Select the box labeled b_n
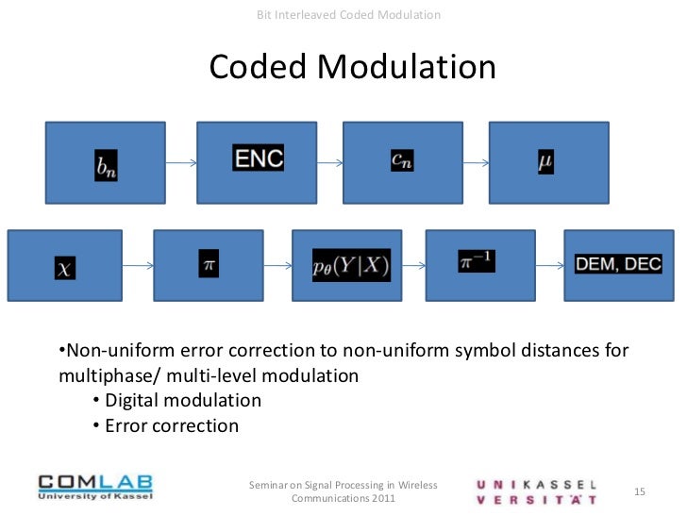click(x=105, y=162)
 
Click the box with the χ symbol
click(x=65, y=267)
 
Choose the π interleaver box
click(x=209, y=267)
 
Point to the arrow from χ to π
click(x=138, y=267)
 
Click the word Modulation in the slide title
click(x=406, y=67)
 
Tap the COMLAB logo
click(x=94, y=490)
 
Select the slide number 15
click(x=639, y=492)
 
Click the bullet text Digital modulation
click(x=183, y=401)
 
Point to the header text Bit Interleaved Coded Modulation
click(x=348, y=15)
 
